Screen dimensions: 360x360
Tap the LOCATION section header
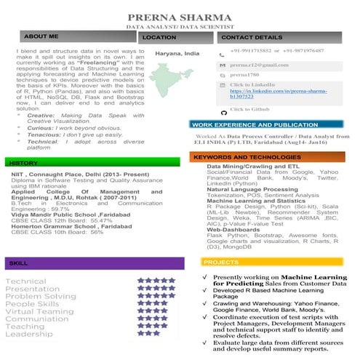[159, 36]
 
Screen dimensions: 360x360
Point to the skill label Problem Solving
[41, 296]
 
